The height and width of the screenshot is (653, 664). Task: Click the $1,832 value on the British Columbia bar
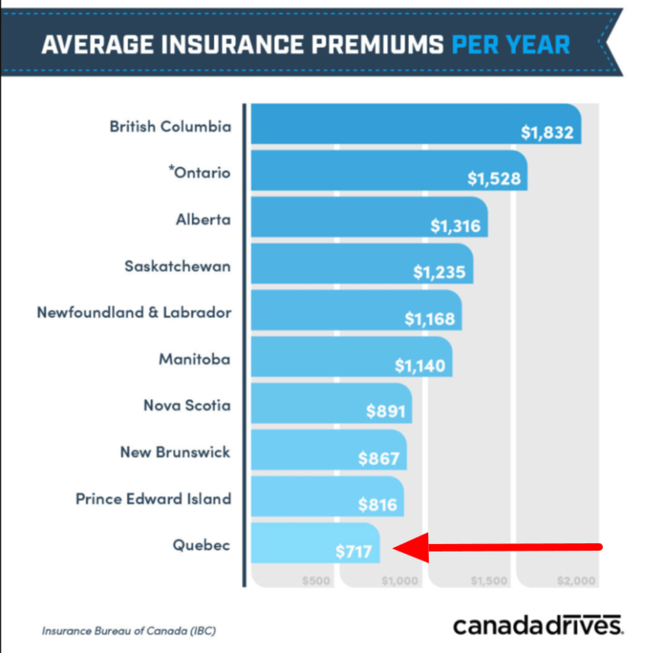546,133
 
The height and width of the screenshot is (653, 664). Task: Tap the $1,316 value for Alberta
456,227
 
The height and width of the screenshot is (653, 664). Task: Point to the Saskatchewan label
177,266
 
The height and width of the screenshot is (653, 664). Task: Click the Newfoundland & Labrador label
134,313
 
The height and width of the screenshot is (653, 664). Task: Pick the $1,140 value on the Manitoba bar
419,366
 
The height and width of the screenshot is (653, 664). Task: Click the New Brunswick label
175,452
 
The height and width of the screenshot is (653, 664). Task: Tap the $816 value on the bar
377,506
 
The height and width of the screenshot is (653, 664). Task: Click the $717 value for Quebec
353,550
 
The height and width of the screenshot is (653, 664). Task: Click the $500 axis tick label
315,581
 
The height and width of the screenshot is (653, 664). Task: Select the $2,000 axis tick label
575,581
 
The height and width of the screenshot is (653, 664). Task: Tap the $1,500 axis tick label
488,581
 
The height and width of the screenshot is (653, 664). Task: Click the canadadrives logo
538,625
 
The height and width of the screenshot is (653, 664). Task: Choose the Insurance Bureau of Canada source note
128,631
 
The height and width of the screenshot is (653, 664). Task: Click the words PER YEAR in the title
510,44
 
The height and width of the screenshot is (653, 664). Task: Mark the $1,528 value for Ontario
493,179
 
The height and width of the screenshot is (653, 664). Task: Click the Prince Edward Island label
153,499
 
